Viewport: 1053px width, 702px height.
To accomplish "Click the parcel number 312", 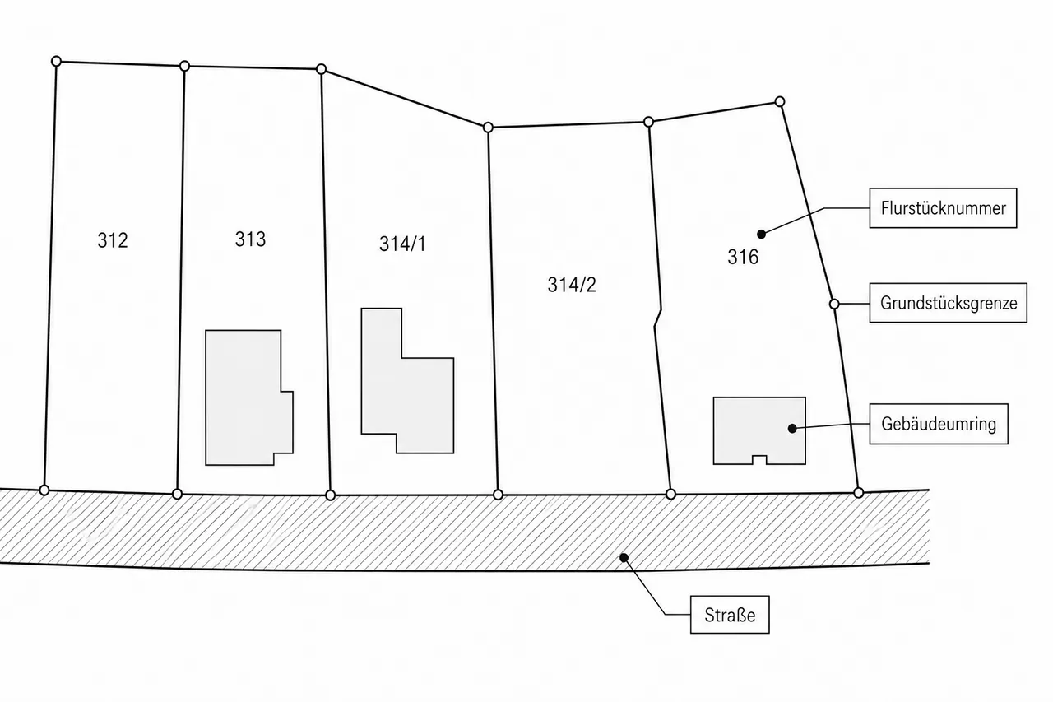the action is click(x=113, y=240).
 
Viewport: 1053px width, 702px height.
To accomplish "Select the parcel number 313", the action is click(x=250, y=239).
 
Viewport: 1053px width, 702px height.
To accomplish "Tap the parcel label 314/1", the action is click(x=402, y=244).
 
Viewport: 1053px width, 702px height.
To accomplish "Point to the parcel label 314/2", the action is click(x=572, y=285).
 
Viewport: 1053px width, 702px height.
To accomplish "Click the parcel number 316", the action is click(x=743, y=257).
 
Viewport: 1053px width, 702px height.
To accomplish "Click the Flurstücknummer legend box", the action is click(x=943, y=208).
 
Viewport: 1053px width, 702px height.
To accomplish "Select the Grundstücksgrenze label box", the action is click(x=949, y=303).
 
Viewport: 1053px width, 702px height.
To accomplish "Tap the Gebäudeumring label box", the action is click(x=939, y=424).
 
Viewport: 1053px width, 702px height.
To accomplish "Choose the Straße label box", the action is click(x=730, y=615).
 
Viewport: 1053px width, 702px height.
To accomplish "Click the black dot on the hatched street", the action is click(x=624, y=558).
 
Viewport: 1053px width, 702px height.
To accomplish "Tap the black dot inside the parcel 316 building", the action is click(x=792, y=428).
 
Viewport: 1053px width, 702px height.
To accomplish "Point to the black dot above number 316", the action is click(x=762, y=235).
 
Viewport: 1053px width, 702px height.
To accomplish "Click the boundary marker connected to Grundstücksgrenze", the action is click(x=834, y=305).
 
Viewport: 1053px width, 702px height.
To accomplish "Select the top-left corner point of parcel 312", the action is click(x=56, y=61).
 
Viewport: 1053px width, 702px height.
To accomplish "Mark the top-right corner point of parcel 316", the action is click(x=779, y=101).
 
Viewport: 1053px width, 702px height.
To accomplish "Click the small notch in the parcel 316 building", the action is click(x=759, y=460).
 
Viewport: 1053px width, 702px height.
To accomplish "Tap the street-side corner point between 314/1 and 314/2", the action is click(x=498, y=495).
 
